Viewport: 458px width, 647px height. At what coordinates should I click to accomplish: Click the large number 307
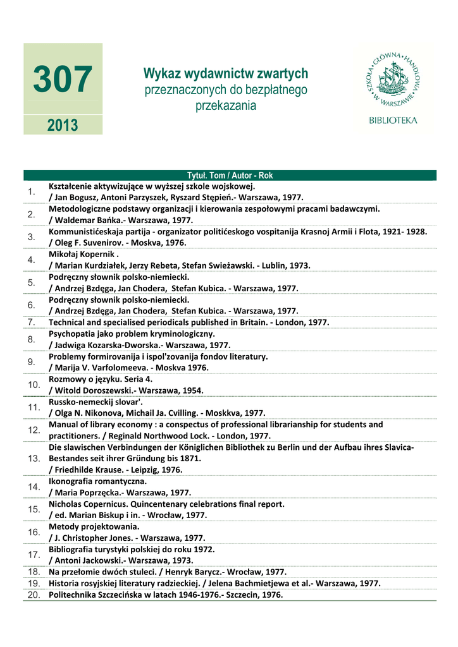[63, 80]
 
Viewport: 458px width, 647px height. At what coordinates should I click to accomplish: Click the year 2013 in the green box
[63, 125]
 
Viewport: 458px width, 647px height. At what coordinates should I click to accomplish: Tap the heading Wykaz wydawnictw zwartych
[226, 73]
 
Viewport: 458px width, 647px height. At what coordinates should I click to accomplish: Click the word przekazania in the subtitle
[226, 106]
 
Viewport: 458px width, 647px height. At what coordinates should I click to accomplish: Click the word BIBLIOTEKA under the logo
[393, 121]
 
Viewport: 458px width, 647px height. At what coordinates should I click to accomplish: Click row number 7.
[31, 322]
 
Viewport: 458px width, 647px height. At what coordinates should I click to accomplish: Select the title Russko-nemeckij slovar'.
[96, 402]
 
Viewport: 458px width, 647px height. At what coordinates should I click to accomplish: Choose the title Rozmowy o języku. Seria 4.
[101, 379]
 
